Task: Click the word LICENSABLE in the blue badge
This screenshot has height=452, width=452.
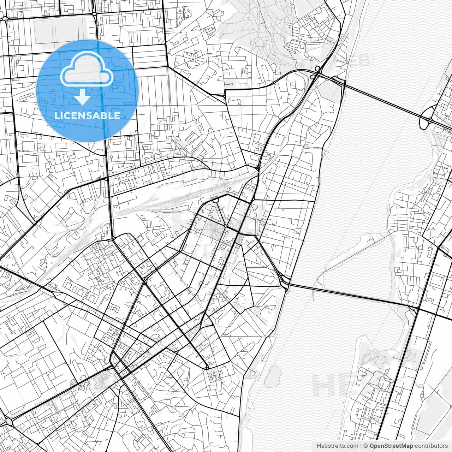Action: [87, 115]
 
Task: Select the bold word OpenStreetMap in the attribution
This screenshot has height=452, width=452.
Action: [391, 446]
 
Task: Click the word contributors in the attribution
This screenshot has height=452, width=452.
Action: [431, 446]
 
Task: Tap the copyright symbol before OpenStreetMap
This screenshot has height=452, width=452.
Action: [366, 446]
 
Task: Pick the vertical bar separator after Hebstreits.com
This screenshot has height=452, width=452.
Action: [361, 446]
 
